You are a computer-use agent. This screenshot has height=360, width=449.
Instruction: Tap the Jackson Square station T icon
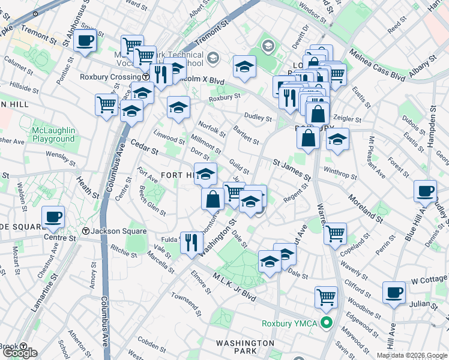coord(86,232)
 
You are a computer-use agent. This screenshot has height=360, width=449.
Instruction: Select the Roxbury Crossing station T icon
coord(146,77)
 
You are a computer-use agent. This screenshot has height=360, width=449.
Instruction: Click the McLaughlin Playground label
coord(54,134)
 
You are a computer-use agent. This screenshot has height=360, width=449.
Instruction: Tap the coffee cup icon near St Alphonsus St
coord(85,41)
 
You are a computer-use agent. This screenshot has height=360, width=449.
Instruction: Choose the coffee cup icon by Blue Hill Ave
coord(425,191)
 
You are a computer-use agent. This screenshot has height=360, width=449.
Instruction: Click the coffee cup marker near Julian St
coord(394,292)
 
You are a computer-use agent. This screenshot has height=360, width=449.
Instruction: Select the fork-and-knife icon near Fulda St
coord(191,242)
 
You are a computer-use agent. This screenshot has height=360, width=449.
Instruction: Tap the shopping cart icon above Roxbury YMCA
coord(326,296)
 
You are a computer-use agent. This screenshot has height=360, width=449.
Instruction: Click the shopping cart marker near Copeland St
coord(335,232)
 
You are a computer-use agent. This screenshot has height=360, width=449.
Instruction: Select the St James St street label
coord(291,170)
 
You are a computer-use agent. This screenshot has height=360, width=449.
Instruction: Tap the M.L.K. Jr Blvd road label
coord(235,286)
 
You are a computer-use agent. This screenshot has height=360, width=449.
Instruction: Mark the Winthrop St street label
coord(340,172)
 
